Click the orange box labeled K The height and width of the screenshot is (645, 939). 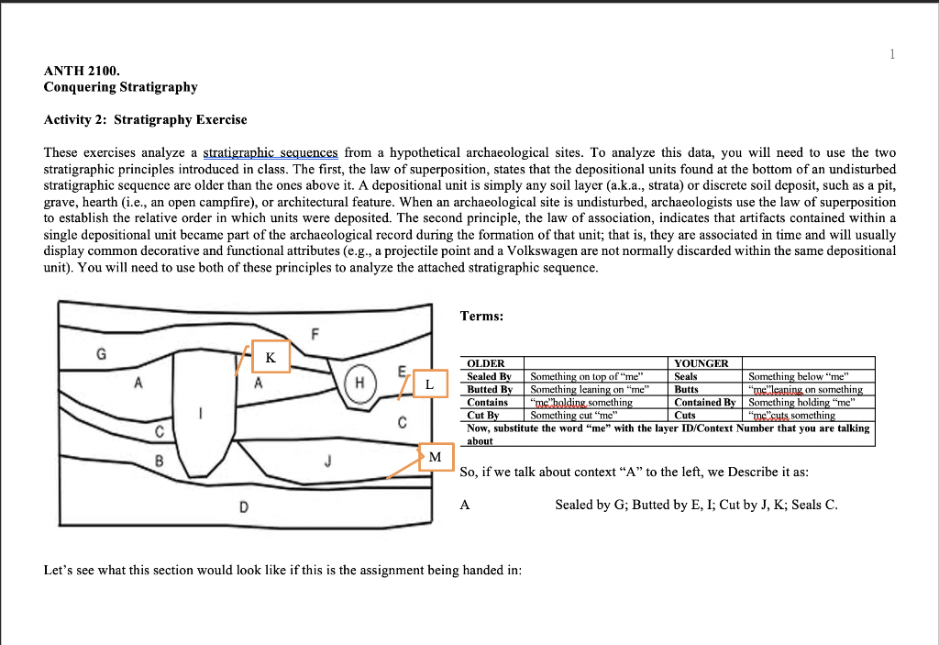[x=271, y=356]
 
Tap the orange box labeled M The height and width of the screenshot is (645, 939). [x=435, y=456]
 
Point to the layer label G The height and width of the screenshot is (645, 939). [x=101, y=352]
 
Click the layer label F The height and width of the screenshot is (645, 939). [x=315, y=335]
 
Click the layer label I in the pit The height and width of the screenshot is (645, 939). [x=201, y=414]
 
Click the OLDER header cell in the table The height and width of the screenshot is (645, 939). [x=486, y=363]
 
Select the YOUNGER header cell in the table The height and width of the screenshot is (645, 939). [x=701, y=363]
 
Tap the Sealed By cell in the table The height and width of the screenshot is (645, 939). [x=489, y=376]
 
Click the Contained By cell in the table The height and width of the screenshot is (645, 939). [x=704, y=402]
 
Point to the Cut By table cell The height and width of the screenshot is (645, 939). [x=482, y=415]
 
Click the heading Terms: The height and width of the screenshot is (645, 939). [x=481, y=316]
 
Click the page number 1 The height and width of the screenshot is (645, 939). [x=891, y=54]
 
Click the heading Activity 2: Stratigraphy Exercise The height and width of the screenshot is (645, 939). [x=145, y=119]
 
